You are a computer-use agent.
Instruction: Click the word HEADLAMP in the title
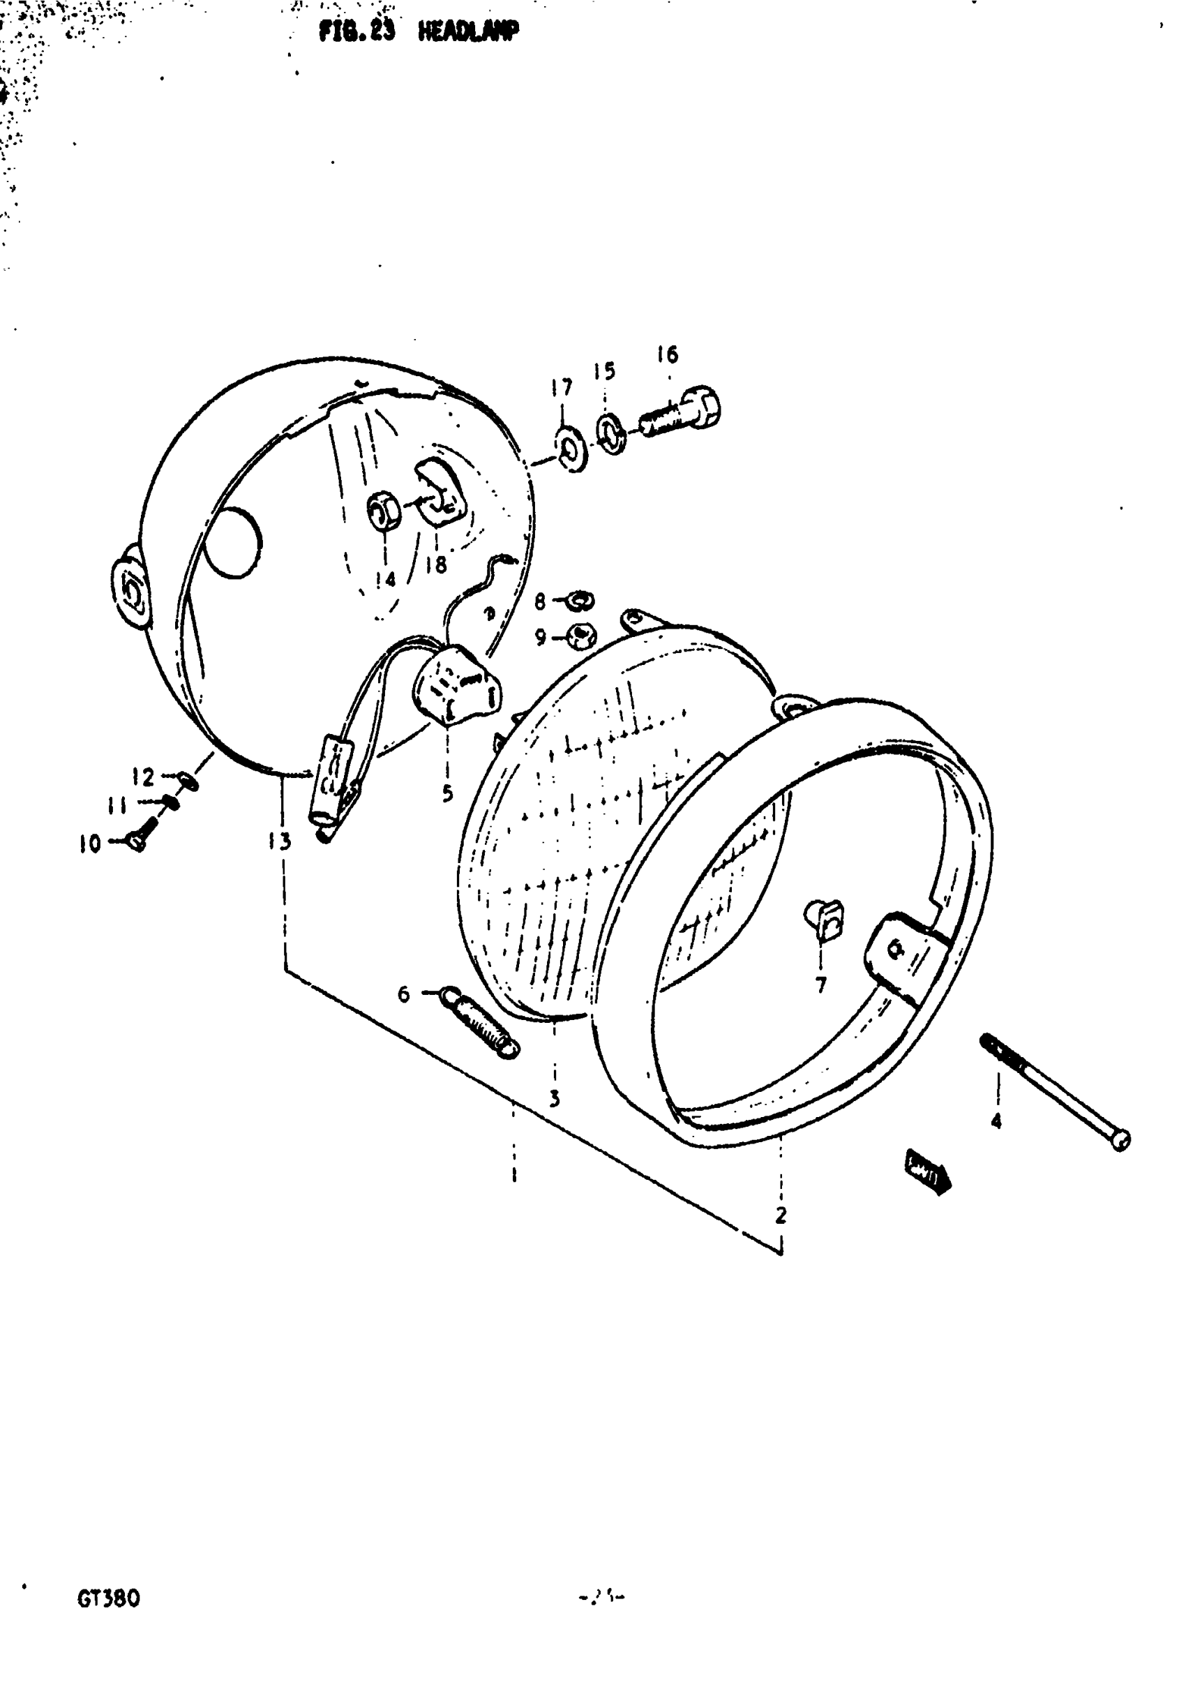[468, 31]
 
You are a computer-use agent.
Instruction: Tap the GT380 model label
[108, 1598]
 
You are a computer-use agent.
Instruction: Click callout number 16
[667, 355]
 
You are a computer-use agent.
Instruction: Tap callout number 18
[436, 564]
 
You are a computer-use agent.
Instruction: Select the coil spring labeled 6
[481, 1024]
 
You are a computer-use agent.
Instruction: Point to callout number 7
[820, 984]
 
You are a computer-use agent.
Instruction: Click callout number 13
[280, 841]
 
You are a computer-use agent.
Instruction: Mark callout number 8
[540, 601]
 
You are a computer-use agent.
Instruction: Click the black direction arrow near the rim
[929, 1171]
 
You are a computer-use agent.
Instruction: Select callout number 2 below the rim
[781, 1216]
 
